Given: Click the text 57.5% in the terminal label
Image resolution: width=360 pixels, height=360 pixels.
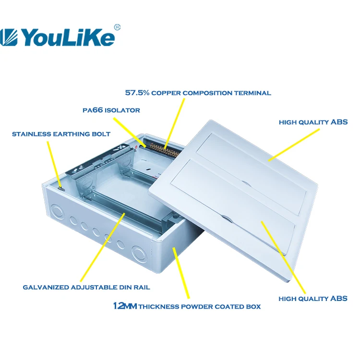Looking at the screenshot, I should tap(137, 93).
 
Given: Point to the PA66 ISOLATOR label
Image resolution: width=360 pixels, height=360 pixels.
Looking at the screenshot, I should tap(111, 110).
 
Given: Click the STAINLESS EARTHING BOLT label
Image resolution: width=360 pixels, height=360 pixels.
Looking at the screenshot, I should tap(61, 134).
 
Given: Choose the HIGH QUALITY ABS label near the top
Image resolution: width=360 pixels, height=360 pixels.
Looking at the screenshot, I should tap(313, 122).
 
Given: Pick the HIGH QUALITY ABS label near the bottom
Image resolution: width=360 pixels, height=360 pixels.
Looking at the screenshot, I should tap(313, 299).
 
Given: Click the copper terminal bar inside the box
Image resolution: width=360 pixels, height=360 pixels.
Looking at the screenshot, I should tap(163, 149).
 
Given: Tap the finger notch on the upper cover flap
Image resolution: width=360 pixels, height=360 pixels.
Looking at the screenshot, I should tap(245, 183).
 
